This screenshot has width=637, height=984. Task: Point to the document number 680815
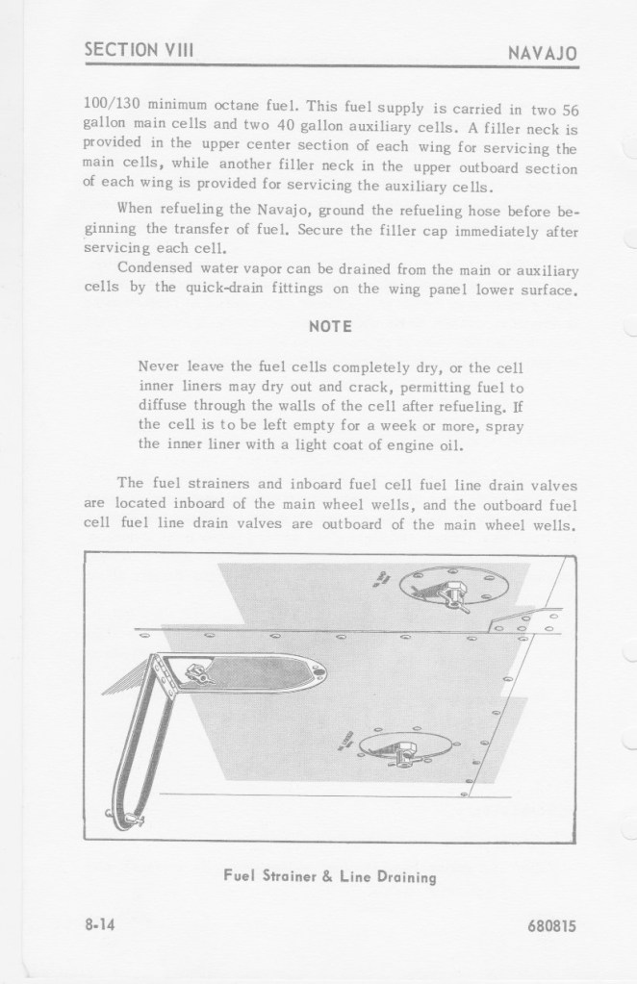(x=550, y=927)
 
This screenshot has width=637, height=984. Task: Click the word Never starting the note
(x=160, y=366)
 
